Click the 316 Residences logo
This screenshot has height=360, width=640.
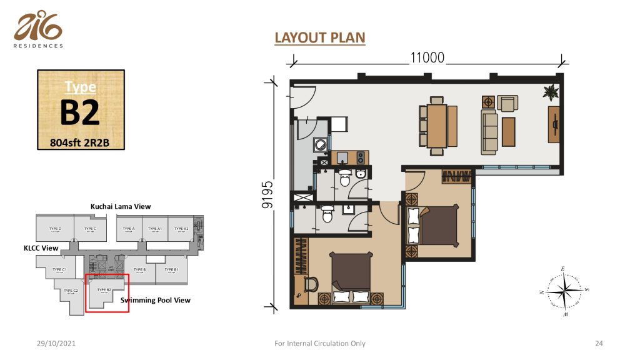38,30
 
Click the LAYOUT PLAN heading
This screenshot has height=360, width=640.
319,38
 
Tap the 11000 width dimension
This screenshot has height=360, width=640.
427,58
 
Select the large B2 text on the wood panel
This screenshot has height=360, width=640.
80,113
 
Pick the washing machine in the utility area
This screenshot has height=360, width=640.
321,144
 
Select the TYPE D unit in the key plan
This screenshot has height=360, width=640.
55,230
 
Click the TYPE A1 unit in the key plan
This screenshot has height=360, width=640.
155,230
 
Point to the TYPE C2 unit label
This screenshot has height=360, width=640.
70,291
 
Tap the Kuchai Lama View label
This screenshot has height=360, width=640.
121,206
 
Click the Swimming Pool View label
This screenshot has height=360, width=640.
156,300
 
